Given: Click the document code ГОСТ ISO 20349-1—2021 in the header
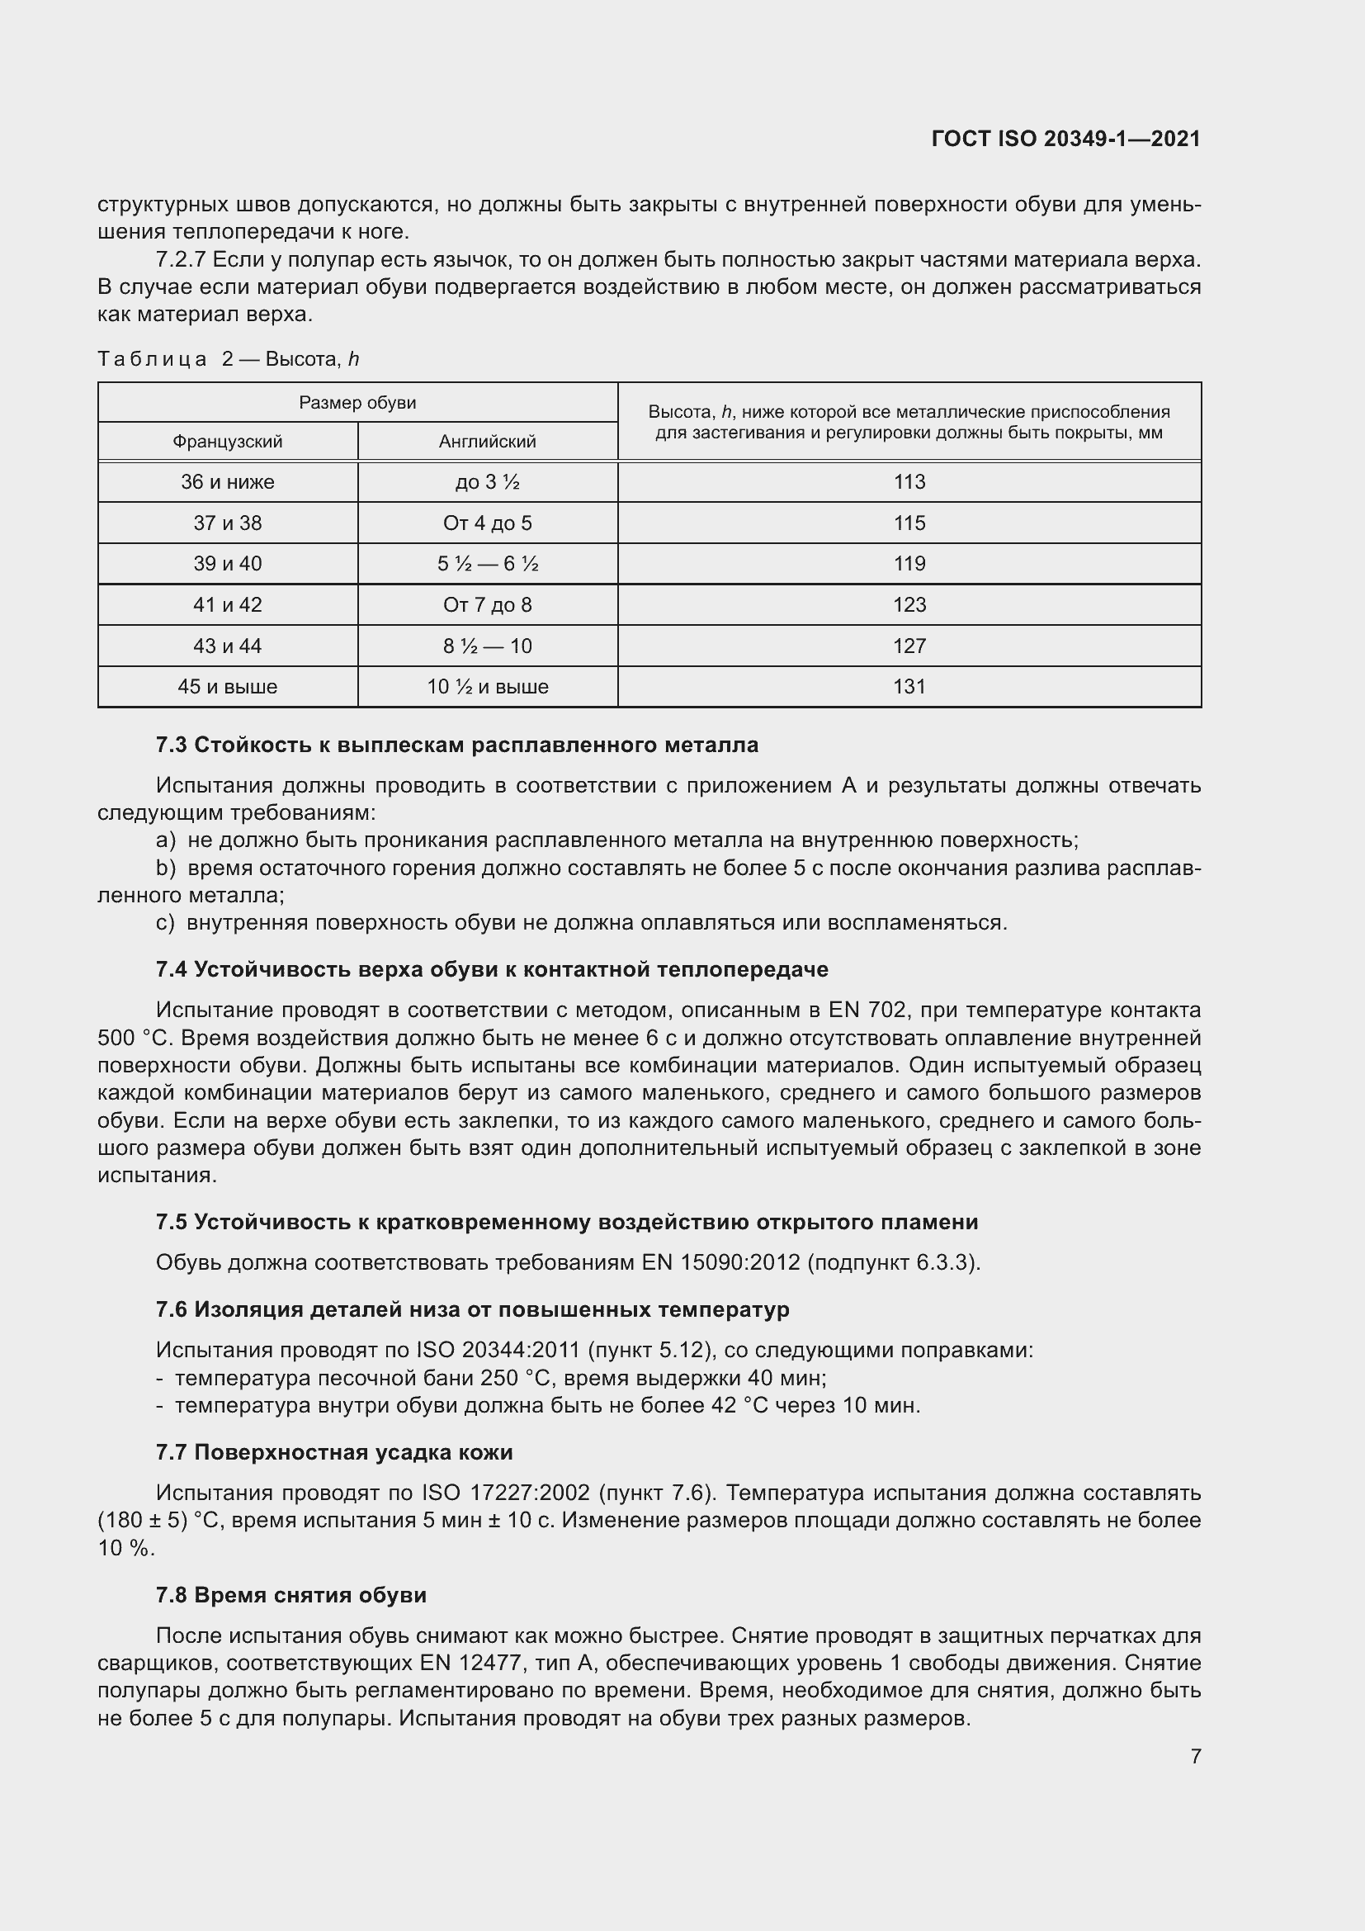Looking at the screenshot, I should pos(1065,139).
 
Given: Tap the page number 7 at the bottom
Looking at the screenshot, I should pos(1195,1756).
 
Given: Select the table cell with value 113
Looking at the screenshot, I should pos(909,482).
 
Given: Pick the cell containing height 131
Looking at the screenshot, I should pos(909,686).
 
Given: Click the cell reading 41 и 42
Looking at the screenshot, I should pos(227,604).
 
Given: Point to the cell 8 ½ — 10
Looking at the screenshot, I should pos(488,646).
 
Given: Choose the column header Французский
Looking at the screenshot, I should pos(227,442).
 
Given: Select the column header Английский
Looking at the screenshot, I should pos(488,442).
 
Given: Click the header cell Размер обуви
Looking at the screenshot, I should pos(357,403).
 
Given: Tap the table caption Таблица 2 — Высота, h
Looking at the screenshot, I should pos(228,359).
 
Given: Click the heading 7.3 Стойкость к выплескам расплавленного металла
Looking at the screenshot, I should pos(456,745).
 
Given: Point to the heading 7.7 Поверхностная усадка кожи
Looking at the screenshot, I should pos(333,1452).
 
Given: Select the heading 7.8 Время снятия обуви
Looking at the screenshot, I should pos(290,1596).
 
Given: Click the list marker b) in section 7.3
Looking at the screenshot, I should pos(166,868).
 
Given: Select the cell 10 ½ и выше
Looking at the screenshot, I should pos(488,686).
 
